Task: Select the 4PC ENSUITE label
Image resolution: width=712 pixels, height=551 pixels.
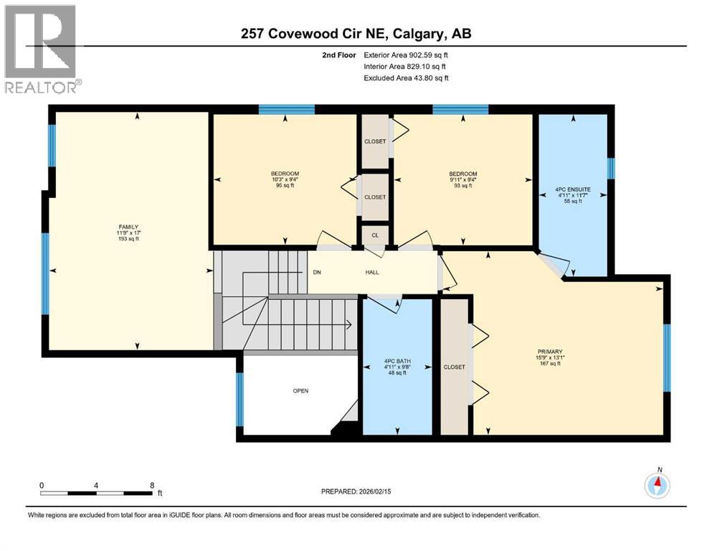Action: pos(571,190)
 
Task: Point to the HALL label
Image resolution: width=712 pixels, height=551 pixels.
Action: pos(371,273)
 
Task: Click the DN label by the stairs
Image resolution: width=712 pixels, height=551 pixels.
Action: pos(317,273)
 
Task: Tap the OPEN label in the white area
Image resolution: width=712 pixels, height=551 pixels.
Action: pos(300,391)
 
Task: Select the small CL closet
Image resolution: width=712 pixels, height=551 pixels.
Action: pos(374,235)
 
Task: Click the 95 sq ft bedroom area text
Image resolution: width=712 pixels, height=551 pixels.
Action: pos(285,186)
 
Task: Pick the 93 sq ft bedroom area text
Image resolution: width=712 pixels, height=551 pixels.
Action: pos(462,186)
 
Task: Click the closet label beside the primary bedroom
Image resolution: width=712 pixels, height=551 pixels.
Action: pos(454,367)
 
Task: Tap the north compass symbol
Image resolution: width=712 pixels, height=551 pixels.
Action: pos(657,486)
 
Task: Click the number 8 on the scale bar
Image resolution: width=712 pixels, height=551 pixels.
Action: pos(152,485)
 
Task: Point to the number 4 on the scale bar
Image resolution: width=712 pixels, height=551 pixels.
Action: pos(96,485)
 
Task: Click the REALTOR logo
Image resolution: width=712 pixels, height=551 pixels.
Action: pos(42,49)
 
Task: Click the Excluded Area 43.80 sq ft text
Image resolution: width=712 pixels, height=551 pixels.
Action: pos(406,78)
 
